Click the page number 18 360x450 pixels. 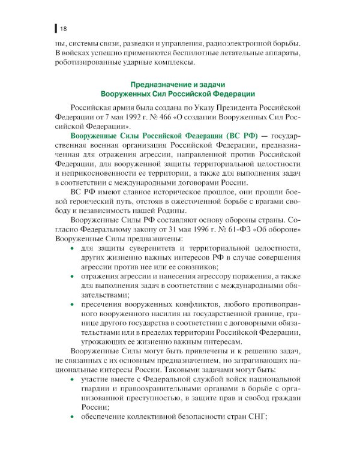point(63,28)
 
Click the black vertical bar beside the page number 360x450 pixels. point(56,28)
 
